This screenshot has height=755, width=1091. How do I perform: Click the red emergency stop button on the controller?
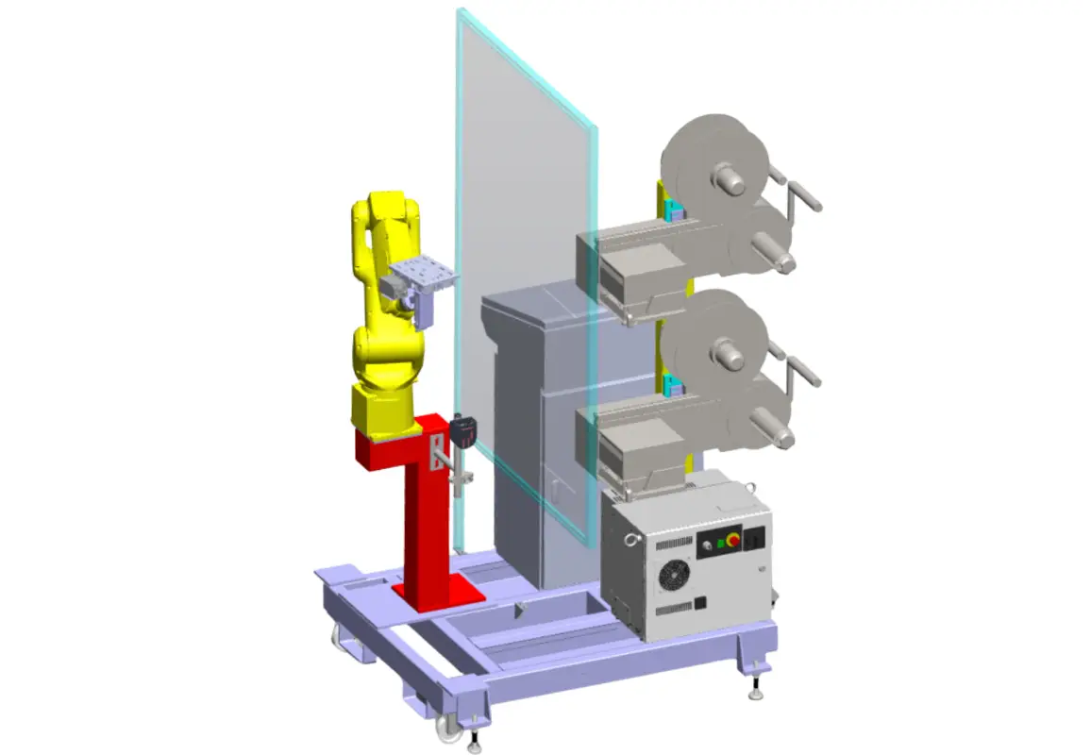click(x=734, y=540)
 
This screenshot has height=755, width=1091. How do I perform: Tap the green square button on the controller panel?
click(x=721, y=544)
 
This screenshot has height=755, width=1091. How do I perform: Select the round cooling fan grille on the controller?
click(x=674, y=575)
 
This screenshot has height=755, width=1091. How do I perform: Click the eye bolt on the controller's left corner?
click(x=630, y=540)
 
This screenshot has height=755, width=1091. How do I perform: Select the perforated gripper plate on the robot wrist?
click(x=423, y=276)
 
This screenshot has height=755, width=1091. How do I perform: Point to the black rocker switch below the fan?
click(x=700, y=603)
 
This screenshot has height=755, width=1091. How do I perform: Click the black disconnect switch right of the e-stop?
click(x=754, y=539)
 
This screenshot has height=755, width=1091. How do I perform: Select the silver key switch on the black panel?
click(x=707, y=545)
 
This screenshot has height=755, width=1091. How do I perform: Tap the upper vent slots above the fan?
click(x=674, y=544)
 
